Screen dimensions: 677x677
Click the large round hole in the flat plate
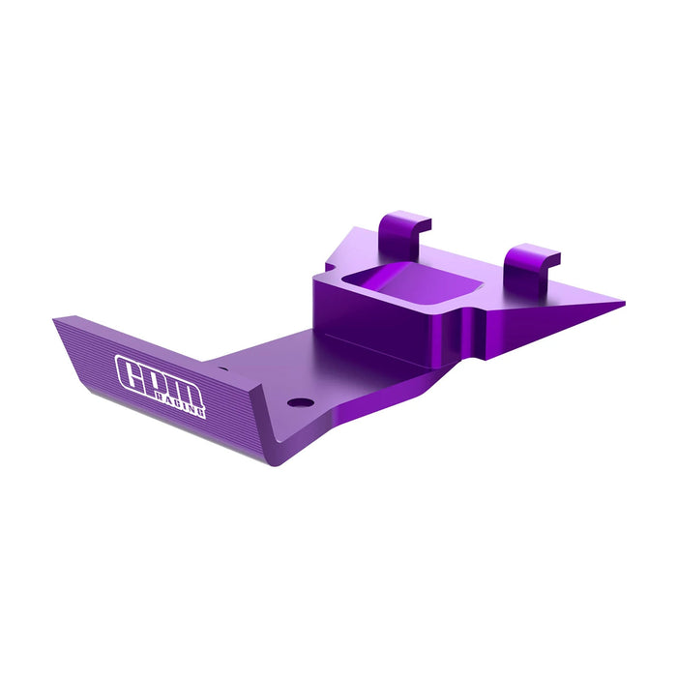click(x=302, y=400)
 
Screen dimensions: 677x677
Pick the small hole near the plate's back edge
click(x=224, y=368)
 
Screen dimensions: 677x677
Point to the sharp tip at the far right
click(x=623, y=304)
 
